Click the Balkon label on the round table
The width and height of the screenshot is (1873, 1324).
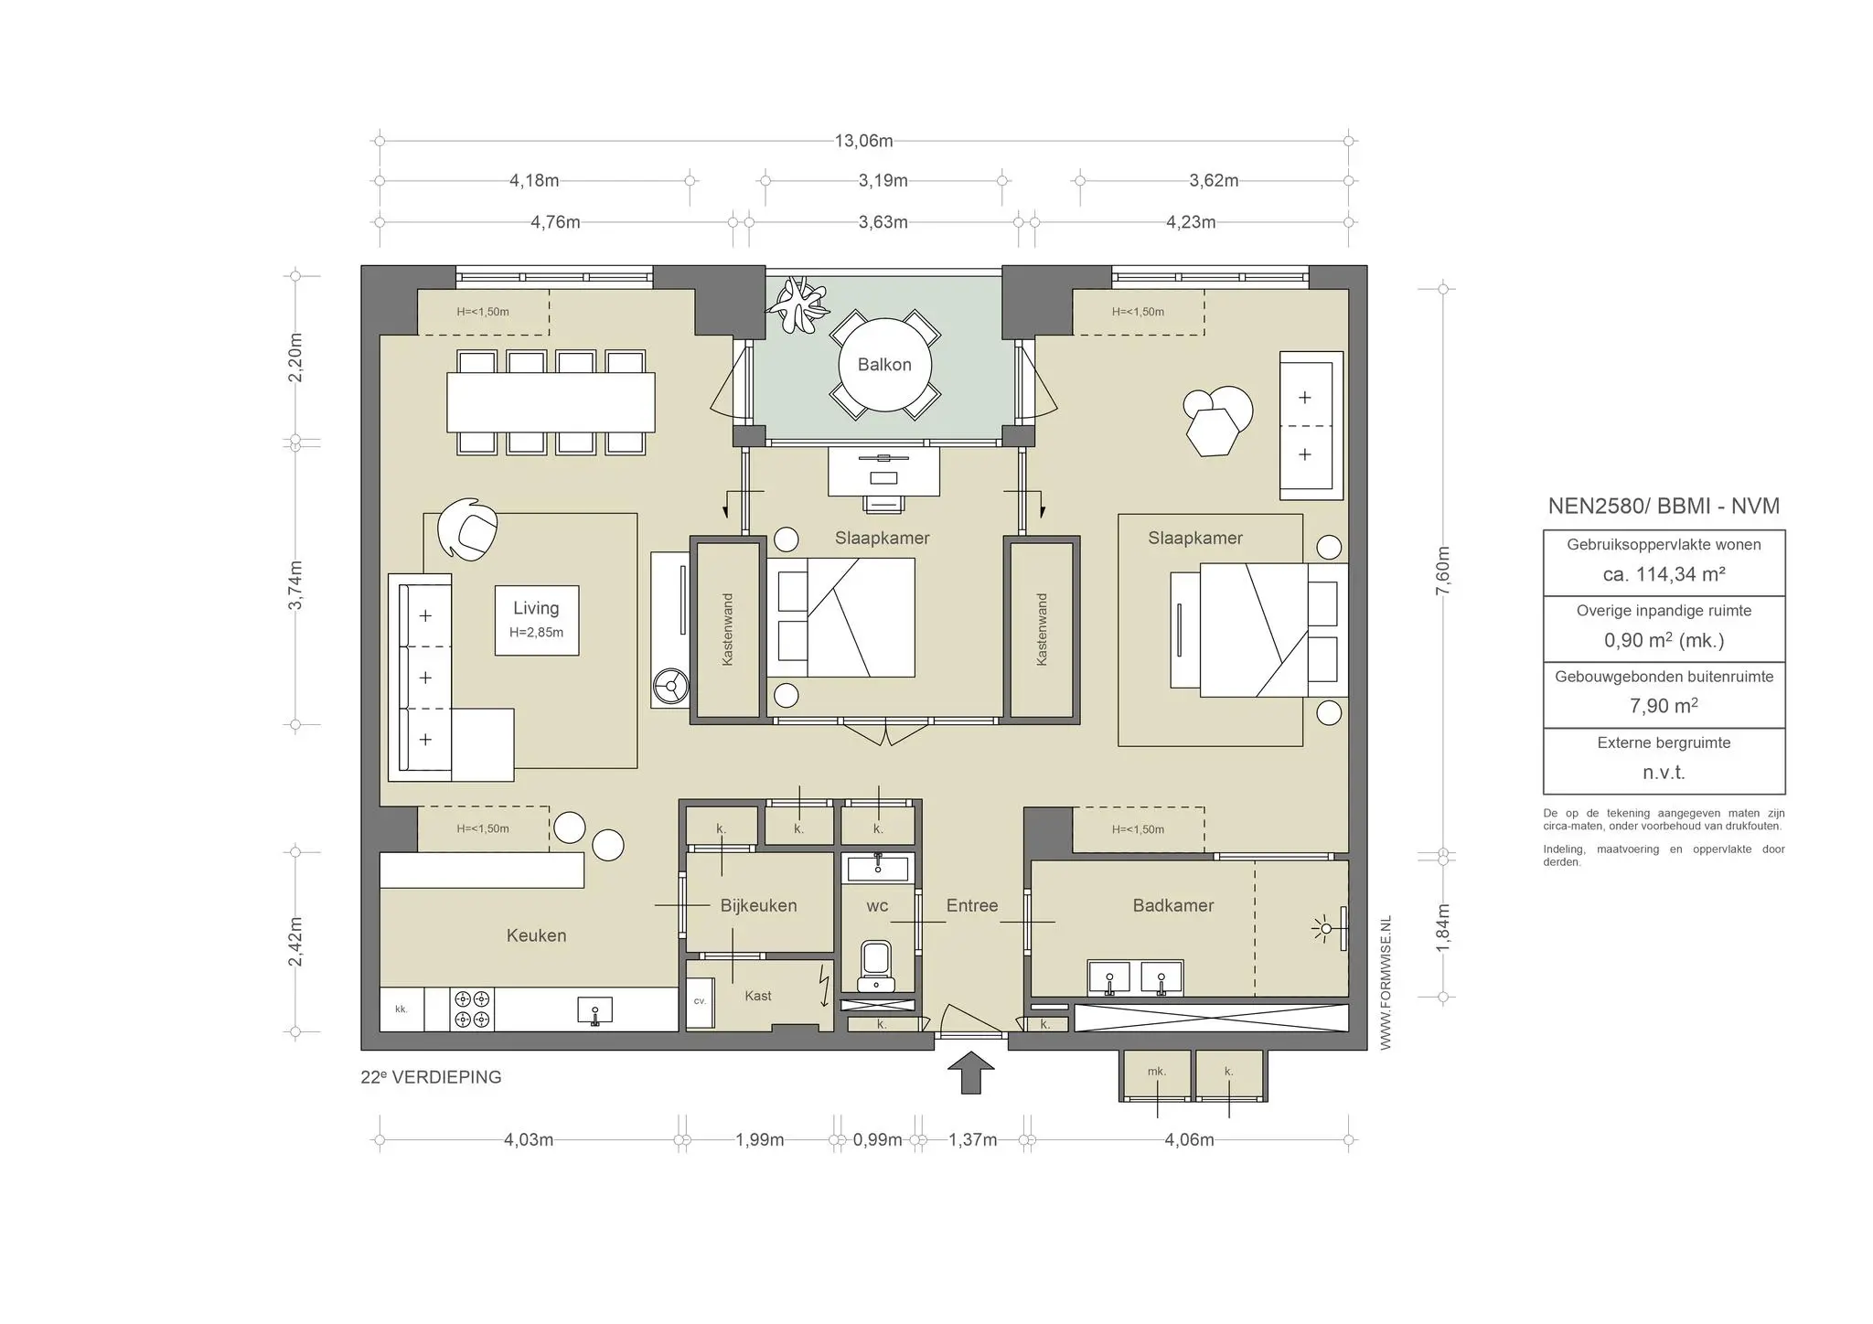pos(884,365)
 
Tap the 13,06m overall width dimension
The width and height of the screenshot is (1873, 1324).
pos(863,141)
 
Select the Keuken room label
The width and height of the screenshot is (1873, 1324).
pos(536,935)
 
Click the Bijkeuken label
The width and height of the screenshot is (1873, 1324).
pos(758,905)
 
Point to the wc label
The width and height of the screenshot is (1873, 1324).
pos(877,906)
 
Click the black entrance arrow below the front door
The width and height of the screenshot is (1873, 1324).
pos(971,1072)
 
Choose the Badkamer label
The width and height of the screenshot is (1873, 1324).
pos(1173,905)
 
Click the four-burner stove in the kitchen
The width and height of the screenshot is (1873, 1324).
pos(472,1009)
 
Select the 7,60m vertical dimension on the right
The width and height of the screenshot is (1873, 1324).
pos(1443,571)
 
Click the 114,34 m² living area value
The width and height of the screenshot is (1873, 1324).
pos(1664,574)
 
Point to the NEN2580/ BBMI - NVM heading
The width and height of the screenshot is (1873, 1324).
pos(1664,506)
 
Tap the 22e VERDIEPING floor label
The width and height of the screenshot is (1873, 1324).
pos(431,1077)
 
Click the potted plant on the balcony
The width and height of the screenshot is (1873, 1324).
pos(798,304)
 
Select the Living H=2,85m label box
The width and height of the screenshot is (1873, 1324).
pos(537,620)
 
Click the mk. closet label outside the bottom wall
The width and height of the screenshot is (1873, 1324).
pos(1157,1072)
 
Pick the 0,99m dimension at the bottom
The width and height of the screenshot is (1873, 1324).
pos(877,1140)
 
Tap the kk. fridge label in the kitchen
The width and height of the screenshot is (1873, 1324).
pos(401,1009)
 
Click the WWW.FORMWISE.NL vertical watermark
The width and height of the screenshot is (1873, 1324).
pos(1386,983)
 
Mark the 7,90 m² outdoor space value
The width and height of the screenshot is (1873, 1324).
pos(1664,706)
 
